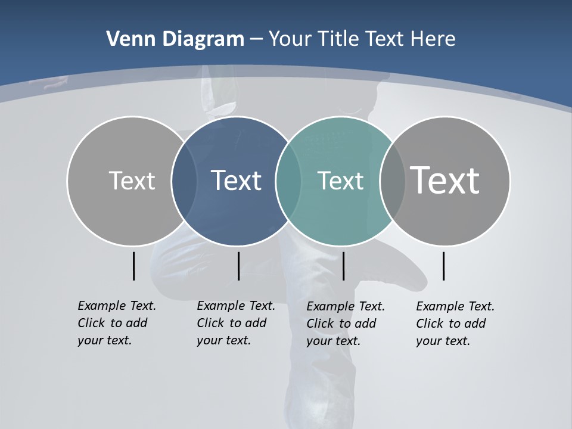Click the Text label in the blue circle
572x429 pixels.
click(237, 181)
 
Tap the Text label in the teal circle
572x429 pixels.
click(340, 181)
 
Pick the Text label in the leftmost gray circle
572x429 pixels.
click(132, 181)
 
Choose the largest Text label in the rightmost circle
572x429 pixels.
click(445, 180)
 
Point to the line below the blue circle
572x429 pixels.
click(238, 266)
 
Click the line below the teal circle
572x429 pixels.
click(344, 266)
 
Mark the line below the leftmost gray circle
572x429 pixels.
click(133, 266)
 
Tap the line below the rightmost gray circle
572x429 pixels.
click(443, 266)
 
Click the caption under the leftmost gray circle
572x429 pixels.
click(117, 323)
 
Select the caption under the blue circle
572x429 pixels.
click(236, 323)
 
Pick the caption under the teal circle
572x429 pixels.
click(346, 324)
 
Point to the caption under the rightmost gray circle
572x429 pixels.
click(455, 324)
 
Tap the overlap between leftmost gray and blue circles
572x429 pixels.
click(184, 181)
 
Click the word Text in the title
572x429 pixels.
click(385, 39)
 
